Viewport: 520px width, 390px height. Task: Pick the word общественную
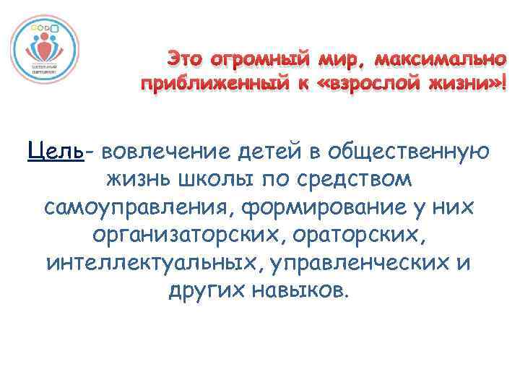[408, 152]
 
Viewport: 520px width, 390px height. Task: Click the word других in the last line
[203, 290]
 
